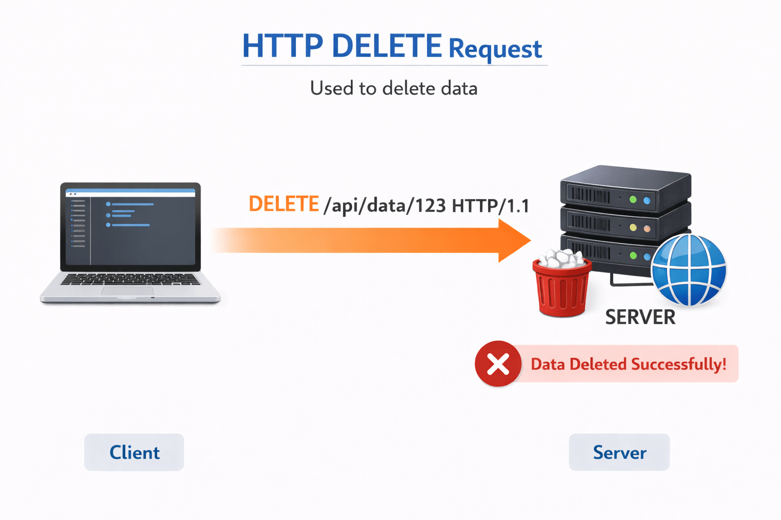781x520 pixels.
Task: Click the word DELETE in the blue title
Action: pyautogui.click(x=386, y=46)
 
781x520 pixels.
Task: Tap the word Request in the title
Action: pyautogui.click(x=495, y=49)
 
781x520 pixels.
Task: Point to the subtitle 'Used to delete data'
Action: pyautogui.click(x=394, y=88)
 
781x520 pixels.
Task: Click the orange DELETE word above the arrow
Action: pyautogui.click(x=284, y=204)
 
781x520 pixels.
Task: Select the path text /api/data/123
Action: pyautogui.click(x=384, y=206)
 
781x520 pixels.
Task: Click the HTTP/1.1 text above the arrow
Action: pyautogui.click(x=490, y=206)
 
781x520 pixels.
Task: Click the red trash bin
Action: pyautogui.click(x=561, y=289)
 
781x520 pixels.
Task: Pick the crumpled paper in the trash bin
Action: pyautogui.click(x=561, y=258)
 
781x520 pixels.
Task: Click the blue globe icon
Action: pyautogui.click(x=688, y=270)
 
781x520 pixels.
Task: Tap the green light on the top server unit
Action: pyautogui.click(x=633, y=200)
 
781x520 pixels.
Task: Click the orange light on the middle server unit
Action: pyautogui.click(x=647, y=229)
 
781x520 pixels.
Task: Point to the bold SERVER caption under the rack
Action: pyautogui.click(x=640, y=317)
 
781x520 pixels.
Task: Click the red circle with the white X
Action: pyautogui.click(x=498, y=364)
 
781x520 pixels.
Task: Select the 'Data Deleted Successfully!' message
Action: pyautogui.click(x=628, y=364)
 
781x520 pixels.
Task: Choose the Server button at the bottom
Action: pyautogui.click(x=619, y=452)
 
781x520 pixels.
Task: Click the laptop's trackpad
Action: pyautogui.click(x=127, y=291)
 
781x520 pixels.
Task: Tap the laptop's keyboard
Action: pyautogui.click(x=130, y=279)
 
